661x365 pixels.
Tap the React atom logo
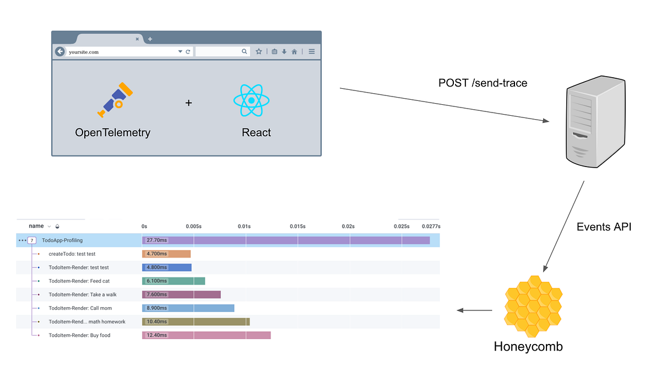(x=251, y=100)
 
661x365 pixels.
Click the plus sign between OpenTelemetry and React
(x=188, y=103)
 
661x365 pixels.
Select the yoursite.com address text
(x=84, y=52)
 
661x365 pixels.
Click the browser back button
(x=60, y=51)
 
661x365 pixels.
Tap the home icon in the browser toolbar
(x=295, y=51)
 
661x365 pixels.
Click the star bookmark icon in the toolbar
(x=259, y=51)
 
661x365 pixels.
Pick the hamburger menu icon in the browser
(x=311, y=51)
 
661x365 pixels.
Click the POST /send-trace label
(x=483, y=83)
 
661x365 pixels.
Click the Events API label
(x=604, y=227)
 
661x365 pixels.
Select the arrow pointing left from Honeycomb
(x=475, y=310)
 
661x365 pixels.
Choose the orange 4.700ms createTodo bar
(x=166, y=254)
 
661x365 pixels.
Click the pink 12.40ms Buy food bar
(x=207, y=335)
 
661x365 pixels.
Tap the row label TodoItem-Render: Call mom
(x=79, y=308)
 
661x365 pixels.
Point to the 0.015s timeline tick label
(x=297, y=227)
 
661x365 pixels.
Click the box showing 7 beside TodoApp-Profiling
(x=32, y=241)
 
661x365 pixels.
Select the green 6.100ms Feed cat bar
(x=174, y=281)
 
